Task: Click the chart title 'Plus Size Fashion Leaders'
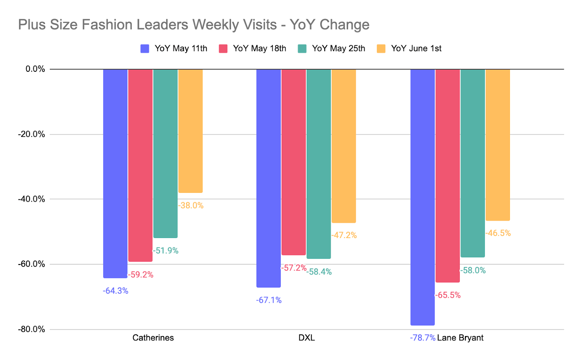click(194, 25)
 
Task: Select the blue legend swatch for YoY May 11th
click(145, 49)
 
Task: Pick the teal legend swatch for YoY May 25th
click(302, 49)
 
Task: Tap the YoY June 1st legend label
click(416, 49)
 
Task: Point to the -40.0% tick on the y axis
click(32, 199)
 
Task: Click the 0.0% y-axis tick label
click(35, 69)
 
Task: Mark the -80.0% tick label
click(32, 329)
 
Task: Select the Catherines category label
click(153, 338)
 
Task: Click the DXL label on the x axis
click(307, 338)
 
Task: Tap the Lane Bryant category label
click(460, 338)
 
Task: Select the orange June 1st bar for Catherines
click(191, 131)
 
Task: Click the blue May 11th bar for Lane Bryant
click(422, 197)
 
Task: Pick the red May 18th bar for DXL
click(294, 162)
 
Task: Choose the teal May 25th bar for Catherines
click(166, 153)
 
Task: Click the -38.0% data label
click(191, 206)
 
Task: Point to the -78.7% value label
click(422, 338)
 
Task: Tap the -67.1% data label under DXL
click(269, 300)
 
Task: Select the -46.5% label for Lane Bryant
click(498, 233)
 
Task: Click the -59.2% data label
click(140, 275)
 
